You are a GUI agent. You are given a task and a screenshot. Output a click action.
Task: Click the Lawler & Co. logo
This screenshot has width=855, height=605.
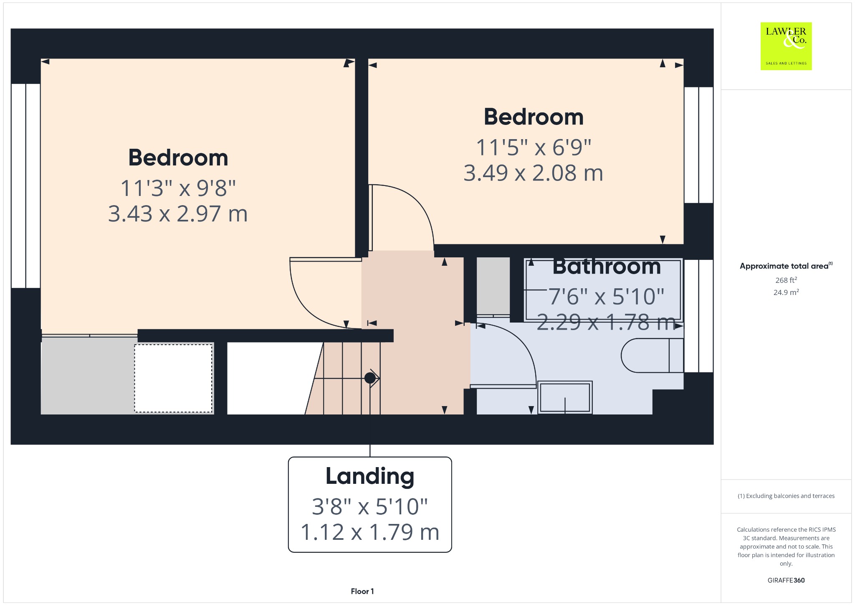tap(786, 46)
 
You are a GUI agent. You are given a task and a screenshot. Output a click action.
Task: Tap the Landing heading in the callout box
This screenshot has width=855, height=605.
tap(370, 477)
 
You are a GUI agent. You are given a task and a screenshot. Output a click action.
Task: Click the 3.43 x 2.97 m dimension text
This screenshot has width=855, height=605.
tap(178, 214)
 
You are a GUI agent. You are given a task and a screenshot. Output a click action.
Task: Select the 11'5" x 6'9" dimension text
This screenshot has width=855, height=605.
tap(534, 147)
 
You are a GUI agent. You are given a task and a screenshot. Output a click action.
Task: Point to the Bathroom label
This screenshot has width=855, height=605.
tap(607, 267)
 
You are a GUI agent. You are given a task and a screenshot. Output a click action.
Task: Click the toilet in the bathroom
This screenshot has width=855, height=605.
tap(652, 355)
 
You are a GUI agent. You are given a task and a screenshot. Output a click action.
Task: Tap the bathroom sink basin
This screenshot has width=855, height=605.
tap(565, 397)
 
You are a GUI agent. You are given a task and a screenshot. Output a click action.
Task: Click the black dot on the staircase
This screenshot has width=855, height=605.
tap(370, 378)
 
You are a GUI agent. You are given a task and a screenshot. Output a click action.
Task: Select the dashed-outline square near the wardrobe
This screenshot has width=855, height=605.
tap(173, 378)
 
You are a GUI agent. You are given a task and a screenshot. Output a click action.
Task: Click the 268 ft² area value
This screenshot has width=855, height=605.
tap(786, 280)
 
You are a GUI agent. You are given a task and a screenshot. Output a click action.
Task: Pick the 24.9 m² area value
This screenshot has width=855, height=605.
tap(786, 292)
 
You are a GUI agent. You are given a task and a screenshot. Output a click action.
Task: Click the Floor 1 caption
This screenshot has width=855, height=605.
tap(362, 591)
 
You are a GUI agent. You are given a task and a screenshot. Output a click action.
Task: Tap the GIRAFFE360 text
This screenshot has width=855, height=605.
tap(786, 580)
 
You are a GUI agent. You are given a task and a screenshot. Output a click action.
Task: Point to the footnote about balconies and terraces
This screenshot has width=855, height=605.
tap(786, 496)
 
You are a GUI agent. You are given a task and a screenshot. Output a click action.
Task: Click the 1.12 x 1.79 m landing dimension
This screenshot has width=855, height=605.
tap(370, 532)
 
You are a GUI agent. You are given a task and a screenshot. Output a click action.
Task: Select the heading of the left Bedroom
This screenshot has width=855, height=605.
tap(178, 158)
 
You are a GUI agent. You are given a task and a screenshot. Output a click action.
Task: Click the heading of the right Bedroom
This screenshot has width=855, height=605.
tap(534, 117)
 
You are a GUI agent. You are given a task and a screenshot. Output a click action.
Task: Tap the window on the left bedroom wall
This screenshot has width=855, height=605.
tap(26, 186)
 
